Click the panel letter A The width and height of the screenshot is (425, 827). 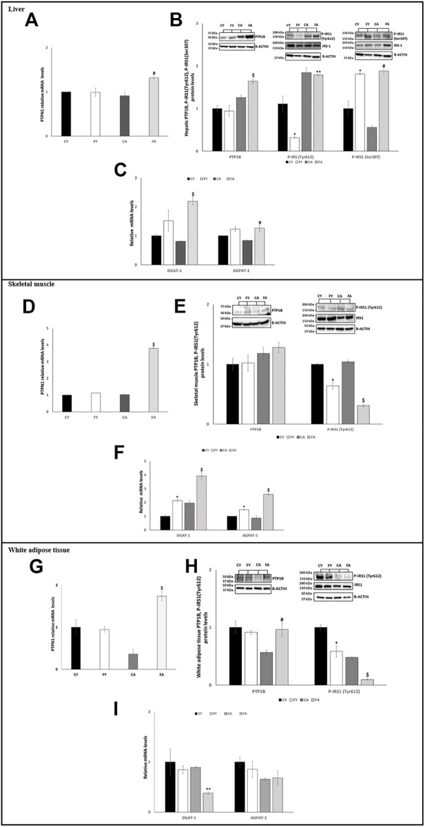[31, 21]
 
